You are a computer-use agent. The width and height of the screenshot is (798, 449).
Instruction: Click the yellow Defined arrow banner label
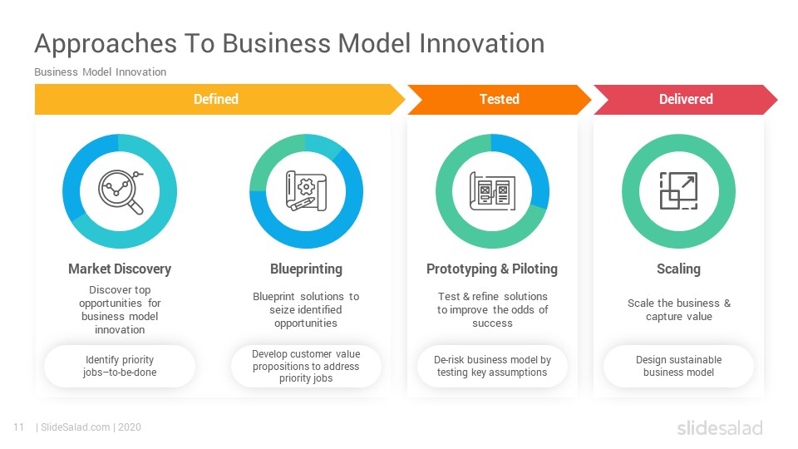click(x=216, y=99)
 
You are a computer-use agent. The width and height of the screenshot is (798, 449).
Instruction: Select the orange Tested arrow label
click(x=500, y=99)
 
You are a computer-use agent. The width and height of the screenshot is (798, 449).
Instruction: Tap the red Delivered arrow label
click(x=686, y=99)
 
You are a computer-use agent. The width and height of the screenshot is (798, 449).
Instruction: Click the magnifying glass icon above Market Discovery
click(x=120, y=192)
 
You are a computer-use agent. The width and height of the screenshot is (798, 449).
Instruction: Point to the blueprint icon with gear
click(x=306, y=191)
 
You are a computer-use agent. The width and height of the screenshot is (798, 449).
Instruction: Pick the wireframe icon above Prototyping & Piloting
click(x=492, y=191)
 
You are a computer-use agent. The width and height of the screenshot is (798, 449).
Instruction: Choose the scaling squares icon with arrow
click(x=678, y=191)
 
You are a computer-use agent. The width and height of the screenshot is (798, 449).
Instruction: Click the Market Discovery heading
click(x=120, y=269)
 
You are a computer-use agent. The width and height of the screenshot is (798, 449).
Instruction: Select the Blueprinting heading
click(x=306, y=269)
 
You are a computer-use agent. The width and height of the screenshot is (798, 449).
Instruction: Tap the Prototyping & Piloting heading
click(x=492, y=269)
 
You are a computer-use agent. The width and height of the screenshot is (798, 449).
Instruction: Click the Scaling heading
click(x=678, y=269)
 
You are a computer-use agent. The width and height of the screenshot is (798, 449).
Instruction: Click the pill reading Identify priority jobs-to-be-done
click(x=120, y=366)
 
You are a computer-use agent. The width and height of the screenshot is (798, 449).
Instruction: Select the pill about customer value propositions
click(x=306, y=366)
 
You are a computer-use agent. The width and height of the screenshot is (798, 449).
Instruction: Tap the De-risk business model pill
click(x=492, y=366)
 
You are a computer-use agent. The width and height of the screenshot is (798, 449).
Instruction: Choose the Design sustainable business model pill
click(x=678, y=366)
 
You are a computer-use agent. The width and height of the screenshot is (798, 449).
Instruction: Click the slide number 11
click(x=19, y=427)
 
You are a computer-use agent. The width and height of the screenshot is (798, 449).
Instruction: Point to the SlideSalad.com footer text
click(x=76, y=427)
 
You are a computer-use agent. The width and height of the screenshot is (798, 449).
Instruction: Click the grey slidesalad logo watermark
click(x=720, y=428)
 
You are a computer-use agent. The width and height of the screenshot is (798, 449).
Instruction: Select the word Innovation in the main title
click(x=482, y=43)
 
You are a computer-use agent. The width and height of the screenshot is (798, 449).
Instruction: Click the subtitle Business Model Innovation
click(x=101, y=72)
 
